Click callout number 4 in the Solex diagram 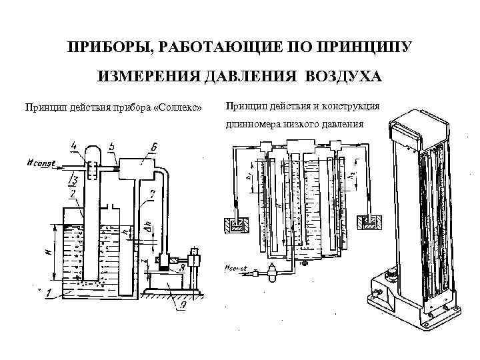pos(73,145)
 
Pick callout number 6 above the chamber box pos(154,147)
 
